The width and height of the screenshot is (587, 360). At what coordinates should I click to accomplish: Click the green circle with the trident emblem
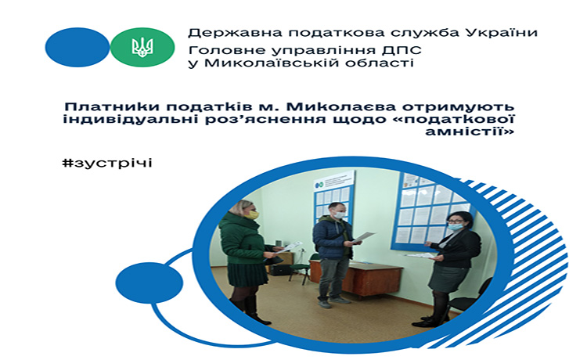[142, 47]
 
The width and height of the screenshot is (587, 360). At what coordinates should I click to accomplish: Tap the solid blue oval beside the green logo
[77, 47]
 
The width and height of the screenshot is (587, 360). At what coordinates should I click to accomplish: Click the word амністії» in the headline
[470, 131]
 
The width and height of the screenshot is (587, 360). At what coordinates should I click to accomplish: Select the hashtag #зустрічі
[107, 163]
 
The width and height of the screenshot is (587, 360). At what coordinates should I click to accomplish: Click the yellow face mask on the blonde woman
[254, 214]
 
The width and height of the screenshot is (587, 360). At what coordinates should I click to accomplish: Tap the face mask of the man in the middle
[339, 214]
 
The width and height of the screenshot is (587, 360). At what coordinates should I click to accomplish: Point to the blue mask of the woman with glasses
[456, 226]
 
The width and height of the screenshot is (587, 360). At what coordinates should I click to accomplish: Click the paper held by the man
[363, 236]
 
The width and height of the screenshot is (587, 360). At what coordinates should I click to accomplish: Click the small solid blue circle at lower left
[149, 283]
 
